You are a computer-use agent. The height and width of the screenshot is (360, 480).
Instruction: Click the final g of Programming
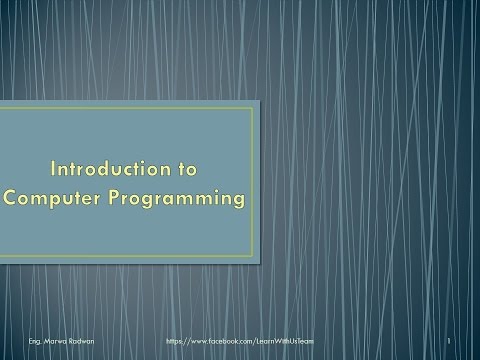tap(237, 201)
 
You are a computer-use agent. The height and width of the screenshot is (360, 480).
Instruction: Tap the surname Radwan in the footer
tap(66, 341)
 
